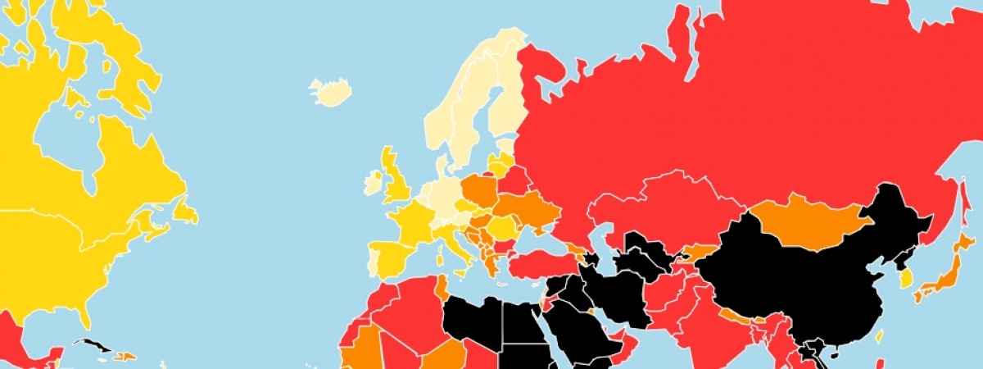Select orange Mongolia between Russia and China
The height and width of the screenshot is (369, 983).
pyautogui.click(x=807, y=221)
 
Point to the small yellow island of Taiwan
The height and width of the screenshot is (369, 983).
pyautogui.click(x=879, y=336)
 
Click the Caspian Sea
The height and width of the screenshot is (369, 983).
pyautogui.click(x=611, y=246)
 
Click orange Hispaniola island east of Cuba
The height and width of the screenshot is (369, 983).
pyautogui.click(x=124, y=355)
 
